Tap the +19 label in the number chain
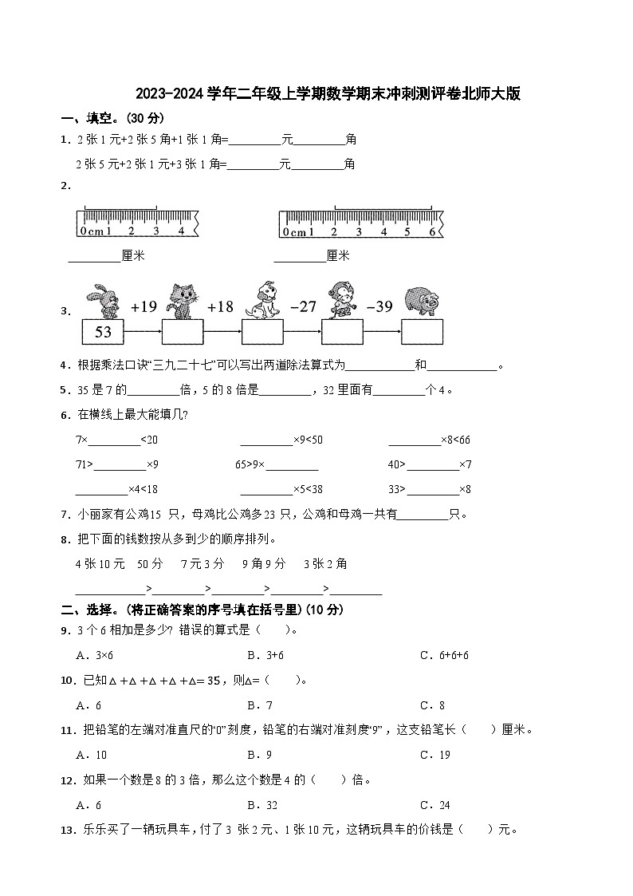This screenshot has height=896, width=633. click(144, 306)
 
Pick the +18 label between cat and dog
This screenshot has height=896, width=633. click(220, 306)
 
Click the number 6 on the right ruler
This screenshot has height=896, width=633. click(431, 231)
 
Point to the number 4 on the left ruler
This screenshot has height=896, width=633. click(180, 231)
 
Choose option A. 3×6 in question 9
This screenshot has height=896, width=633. click(94, 655)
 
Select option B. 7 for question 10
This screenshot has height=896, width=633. click(259, 705)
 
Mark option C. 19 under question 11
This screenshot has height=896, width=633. click(435, 755)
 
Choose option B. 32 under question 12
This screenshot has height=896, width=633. click(261, 805)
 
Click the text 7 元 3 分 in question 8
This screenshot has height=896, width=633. click(202, 564)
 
